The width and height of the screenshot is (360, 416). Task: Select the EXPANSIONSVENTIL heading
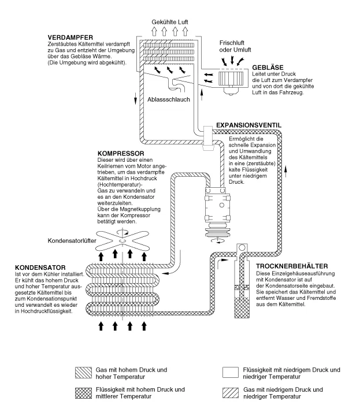click(250, 125)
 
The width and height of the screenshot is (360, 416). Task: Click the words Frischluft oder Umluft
click(239, 46)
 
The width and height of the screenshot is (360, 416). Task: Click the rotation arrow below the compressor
click(219, 239)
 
